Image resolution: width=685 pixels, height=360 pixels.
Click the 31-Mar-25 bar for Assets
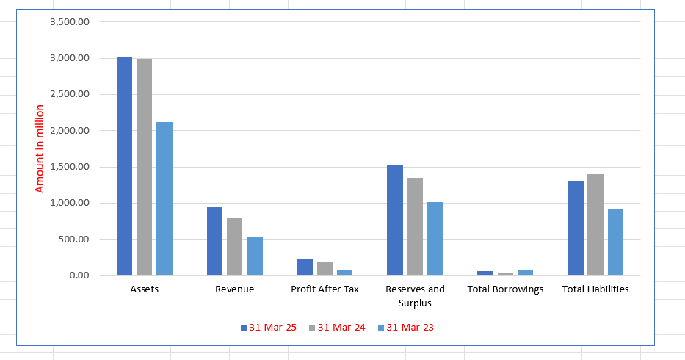tap(124, 166)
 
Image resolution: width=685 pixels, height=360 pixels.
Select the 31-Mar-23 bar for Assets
tap(164, 198)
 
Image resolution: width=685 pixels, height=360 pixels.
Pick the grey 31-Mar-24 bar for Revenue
tap(234, 247)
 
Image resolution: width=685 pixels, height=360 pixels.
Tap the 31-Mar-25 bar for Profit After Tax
tap(305, 267)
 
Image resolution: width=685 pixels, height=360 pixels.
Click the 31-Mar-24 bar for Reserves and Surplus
tap(415, 226)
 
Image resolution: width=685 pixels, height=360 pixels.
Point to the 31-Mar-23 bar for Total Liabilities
tap(615, 242)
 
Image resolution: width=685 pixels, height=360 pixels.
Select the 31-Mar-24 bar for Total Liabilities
tap(595, 225)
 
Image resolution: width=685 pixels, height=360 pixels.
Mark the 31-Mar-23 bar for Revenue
tap(254, 256)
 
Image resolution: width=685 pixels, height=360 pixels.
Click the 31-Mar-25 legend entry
tap(268, 328)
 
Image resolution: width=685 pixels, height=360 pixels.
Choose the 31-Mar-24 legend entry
tap(336, 328)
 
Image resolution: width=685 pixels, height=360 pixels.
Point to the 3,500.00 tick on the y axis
tap(70, 22)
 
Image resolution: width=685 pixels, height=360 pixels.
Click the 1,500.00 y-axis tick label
tap(70, 167)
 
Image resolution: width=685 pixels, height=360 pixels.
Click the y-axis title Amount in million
tap(40, 148)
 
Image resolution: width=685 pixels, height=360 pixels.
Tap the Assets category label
tap(144, 289)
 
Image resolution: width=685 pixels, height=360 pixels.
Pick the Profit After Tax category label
tap(325, 289)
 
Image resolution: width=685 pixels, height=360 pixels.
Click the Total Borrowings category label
tap(505, 289)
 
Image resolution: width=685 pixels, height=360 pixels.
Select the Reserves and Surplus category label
tap(415, 295)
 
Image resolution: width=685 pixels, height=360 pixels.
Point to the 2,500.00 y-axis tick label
tap(70, 94)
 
